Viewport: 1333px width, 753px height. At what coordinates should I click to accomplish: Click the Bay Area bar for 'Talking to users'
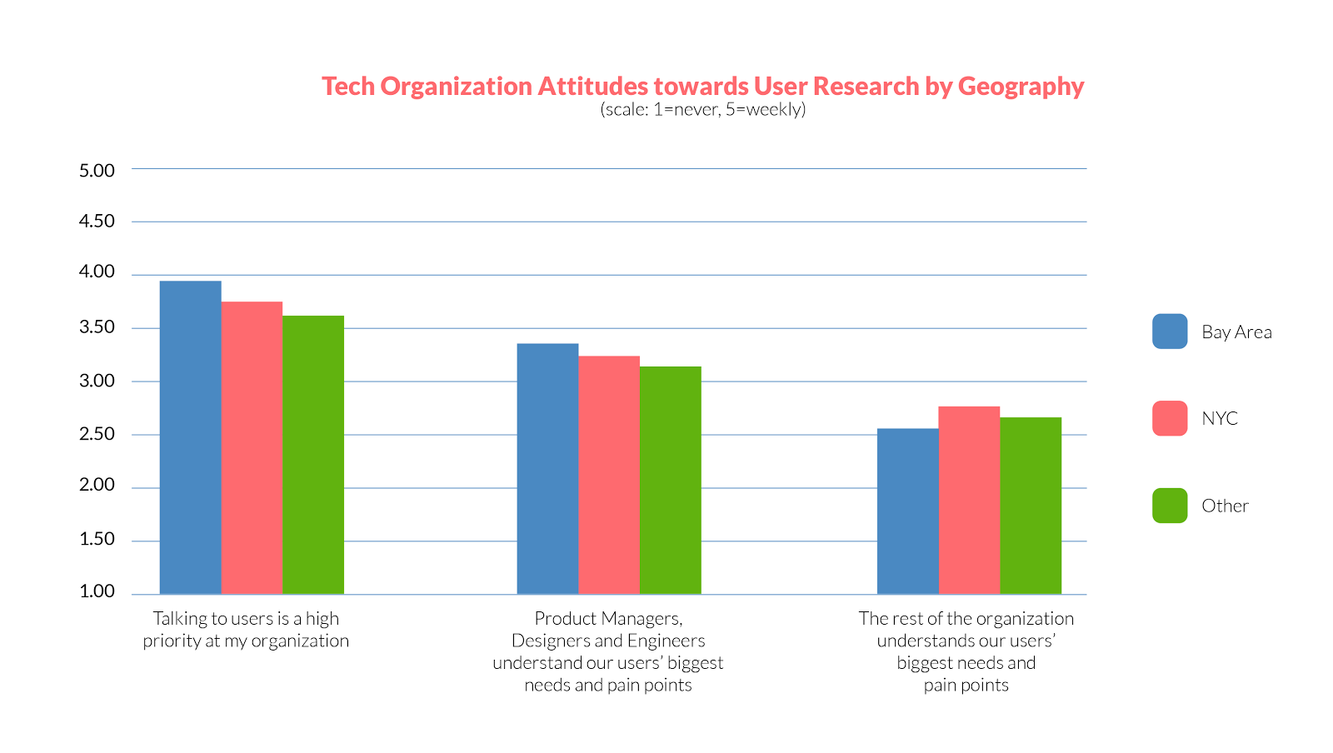tap(190, 437)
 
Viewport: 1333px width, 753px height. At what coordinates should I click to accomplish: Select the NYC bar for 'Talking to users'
tap(252, 447)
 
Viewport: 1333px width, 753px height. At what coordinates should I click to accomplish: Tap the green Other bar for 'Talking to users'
tap(313, 455)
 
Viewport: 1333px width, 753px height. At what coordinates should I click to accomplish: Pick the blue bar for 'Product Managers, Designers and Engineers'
tap(547, 468)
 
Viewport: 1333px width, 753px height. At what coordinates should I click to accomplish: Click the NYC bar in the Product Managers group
tap(609, 475)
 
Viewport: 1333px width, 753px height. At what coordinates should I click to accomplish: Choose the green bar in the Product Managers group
tap(671, 480)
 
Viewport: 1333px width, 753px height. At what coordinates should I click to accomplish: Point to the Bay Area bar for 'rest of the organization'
tap(907, 511)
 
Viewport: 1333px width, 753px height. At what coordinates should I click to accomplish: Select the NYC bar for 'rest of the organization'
tap(969, 500)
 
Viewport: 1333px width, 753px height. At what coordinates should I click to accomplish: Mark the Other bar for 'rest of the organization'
tap(1031, 506)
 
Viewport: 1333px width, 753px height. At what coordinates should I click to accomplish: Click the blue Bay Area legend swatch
tap(1170, 332)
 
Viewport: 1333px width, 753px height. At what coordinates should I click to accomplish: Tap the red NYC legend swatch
tap(1170, 418)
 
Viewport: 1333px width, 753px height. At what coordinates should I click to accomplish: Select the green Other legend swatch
tap(1170, 506)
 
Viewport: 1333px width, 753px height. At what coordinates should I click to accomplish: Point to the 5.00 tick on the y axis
tap(97, 171)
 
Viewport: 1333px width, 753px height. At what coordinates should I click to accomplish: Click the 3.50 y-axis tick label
tap(97, 327)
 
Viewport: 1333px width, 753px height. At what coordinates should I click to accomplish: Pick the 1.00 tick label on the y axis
tap(97, 591)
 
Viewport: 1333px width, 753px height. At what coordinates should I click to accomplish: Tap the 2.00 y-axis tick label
tap(97, 486)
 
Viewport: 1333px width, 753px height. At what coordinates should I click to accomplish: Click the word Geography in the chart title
tap(1021, 87)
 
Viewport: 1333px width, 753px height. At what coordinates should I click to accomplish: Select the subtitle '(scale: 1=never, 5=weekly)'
tap(703, 109)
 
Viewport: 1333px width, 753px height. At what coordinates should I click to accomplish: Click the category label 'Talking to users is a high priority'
tap(246, 630)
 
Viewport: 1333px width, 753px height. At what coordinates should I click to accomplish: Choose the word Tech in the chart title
tap(348, 87)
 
